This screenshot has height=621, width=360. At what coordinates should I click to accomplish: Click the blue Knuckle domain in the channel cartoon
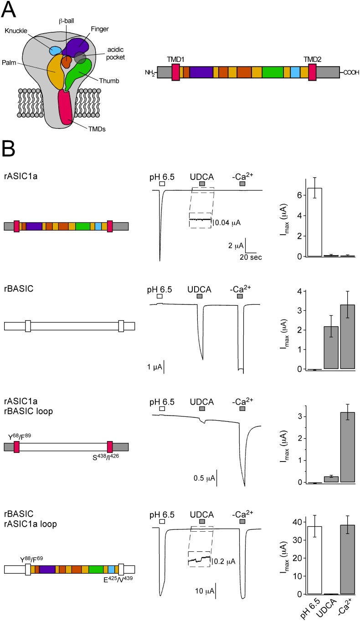56,50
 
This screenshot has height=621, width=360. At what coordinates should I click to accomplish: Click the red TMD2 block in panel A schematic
312,72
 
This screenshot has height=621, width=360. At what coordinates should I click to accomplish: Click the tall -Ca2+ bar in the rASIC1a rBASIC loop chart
345,447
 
